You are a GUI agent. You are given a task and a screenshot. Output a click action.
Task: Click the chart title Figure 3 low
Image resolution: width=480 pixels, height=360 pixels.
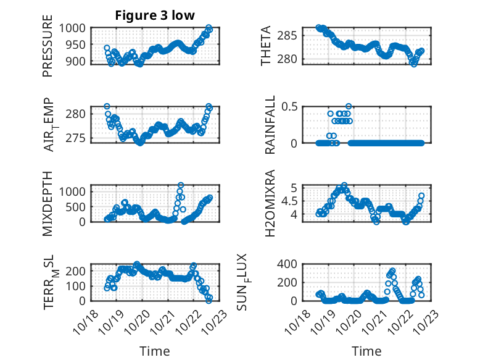[x=155, y=16]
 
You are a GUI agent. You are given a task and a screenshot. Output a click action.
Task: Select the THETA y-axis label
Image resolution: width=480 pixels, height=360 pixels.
[x=266, y=45]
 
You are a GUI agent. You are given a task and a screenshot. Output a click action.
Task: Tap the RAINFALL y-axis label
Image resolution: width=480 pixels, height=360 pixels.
[x=271, y=125]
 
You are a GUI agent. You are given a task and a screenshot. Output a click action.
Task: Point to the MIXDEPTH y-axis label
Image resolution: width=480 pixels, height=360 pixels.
[x=48, y=203]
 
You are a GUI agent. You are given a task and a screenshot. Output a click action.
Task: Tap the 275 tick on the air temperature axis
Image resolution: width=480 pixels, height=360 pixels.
[x=77, y=137]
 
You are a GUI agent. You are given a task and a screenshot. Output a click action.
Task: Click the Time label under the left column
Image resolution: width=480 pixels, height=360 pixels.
[x=154, y=351]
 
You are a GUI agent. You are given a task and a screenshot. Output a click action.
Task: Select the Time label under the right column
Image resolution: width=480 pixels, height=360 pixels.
[x=366, y=351]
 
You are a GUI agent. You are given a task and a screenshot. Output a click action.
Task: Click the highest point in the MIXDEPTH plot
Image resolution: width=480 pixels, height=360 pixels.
[x=181, y=185]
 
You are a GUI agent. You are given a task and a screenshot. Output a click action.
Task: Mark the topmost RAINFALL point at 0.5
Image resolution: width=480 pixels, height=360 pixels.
[x=349, y=107]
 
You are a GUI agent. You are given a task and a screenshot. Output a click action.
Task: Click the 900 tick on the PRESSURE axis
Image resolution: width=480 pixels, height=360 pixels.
[x=77, y=61]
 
